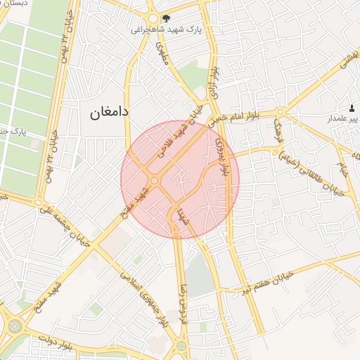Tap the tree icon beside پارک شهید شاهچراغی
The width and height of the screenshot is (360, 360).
165,19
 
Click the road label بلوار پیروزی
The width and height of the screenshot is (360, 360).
224,156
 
